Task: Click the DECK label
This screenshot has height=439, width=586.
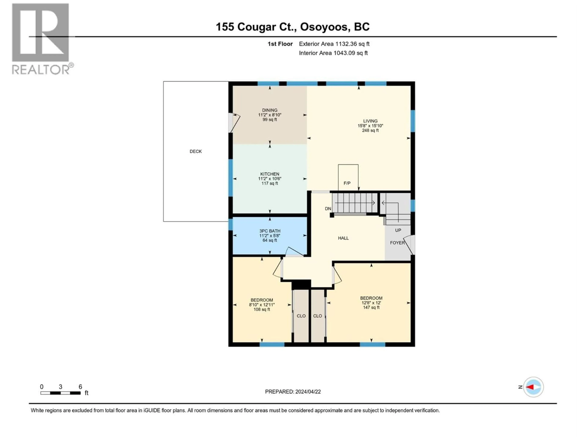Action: [195, 151]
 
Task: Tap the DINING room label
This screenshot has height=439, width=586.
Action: [270, 110]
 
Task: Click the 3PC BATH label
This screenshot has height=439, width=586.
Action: [270, 231]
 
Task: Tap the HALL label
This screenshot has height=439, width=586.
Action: [343, 238]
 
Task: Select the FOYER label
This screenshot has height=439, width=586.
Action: [397, 243]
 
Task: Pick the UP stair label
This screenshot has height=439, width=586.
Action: [398, 230]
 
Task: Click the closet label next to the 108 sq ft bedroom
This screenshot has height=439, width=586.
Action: [301, 316]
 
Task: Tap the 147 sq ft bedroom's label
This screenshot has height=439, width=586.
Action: [371, 298]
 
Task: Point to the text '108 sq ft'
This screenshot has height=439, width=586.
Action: [262, 309]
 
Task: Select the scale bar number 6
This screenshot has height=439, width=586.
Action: [80, 387]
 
